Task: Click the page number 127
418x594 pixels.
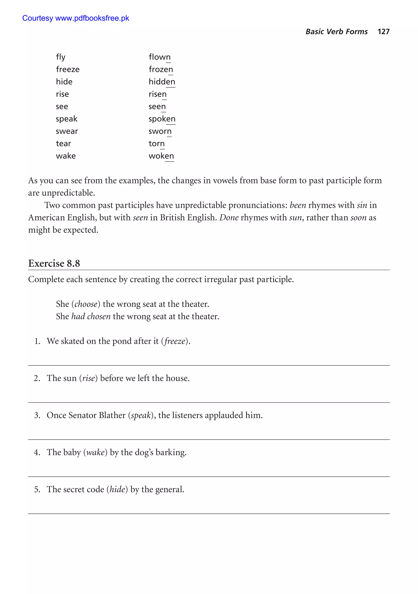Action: (383, 32)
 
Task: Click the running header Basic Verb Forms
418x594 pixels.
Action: (336, 32)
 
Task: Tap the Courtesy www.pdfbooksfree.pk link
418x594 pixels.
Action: (76, 18)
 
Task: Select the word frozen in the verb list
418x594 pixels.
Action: (161, 69)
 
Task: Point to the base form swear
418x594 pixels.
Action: (67, 131)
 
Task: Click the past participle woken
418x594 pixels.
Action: (161, 156)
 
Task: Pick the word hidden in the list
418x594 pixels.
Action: (162, 82)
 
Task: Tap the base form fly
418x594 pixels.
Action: (61, 57)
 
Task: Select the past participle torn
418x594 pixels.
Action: (156, 144)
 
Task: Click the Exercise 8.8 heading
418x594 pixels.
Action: (54, 263)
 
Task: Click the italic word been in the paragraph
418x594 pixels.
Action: (298, 205)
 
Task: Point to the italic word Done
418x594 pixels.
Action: (229, 218)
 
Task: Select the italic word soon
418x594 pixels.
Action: (358, 218)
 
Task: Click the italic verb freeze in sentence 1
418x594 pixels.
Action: (175, 341)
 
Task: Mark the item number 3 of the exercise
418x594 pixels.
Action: (37, 415)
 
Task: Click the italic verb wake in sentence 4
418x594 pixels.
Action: (95, 452)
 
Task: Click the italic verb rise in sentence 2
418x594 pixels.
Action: (89, 378)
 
